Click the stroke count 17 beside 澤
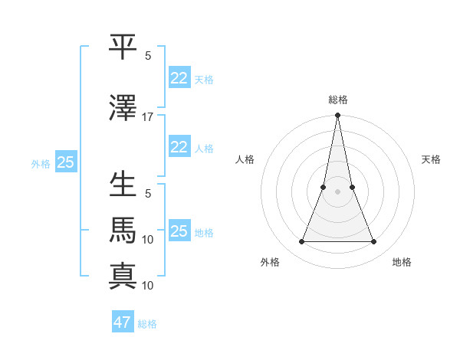[x=148, y=117]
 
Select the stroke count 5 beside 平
[x=148, y=56]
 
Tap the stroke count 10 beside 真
[x=148, y=286]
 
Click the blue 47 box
[x=123, y=322]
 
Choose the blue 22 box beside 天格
[x=179, y=78]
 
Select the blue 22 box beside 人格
[x=179, y=147]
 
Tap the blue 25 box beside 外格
[x=65, y=162]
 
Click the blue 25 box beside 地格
[x=179, y=231]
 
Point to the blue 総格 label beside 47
[x=147, y=324]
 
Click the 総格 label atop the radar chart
[x=337, y=100]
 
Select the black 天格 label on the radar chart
[x=431, y=159]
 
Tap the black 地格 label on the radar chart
[x=402, y=262]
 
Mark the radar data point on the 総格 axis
[x=337, y=116]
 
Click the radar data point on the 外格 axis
[x=301, y=242]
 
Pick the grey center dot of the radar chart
[x=337, y=191]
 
